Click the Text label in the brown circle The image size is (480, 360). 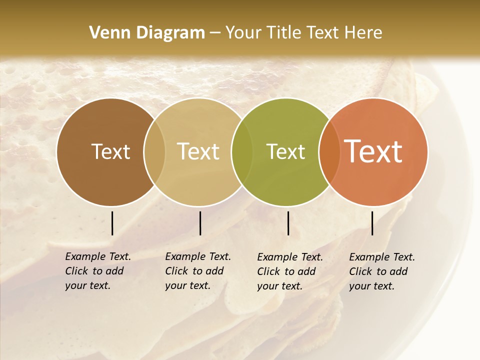pos(110,151)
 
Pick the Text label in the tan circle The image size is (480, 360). pos(198,151)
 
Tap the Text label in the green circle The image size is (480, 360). pos(285,151)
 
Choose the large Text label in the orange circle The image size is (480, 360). pos(373,151)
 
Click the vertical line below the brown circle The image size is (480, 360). pos(112,223)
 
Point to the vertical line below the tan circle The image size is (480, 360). pos(200,223)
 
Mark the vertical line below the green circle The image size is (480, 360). pos(288,223)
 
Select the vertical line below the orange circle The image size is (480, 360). pos(372,223)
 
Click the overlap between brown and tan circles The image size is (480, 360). pos(154,152)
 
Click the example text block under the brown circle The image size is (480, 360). pos(97,271)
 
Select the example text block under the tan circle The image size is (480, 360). pos(197,271)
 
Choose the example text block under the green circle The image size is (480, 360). pos(289,271)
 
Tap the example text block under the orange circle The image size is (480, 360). pos(381,271)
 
